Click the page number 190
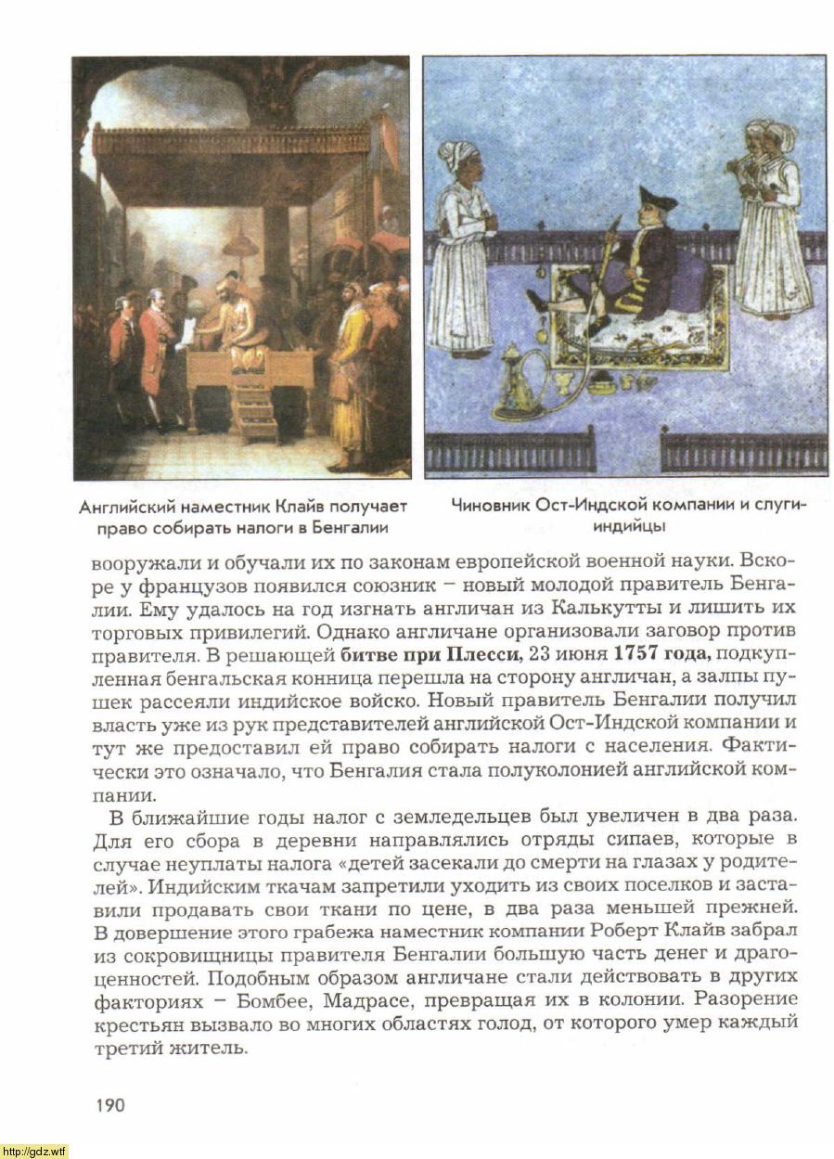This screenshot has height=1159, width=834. tap(109, 1104)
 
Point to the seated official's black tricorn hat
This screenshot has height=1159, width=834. tap(658, 198)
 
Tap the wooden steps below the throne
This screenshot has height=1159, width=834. tap(255, 413)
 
